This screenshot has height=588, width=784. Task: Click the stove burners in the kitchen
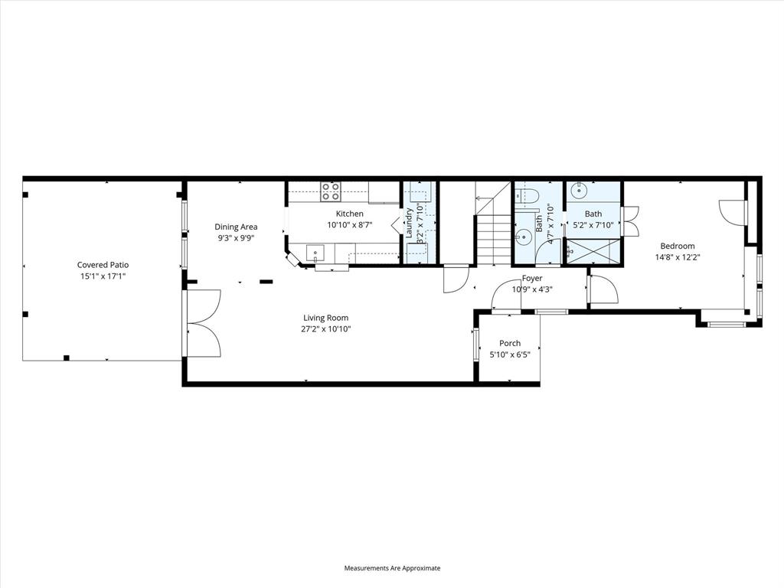pos(330,191)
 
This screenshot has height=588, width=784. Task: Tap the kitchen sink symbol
pos(314,252)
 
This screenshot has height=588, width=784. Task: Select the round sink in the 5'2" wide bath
pos(580,188)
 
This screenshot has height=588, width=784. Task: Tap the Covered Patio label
pos(103,265)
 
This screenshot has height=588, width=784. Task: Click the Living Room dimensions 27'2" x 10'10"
pos(326,329)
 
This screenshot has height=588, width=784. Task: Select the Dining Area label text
pos(236,227)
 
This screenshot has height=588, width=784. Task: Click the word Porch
pos(510,344)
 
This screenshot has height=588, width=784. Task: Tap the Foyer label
pos(532,279)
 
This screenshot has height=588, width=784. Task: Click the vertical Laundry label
pos(410,222)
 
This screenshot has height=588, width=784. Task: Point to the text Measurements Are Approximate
pos(392,568)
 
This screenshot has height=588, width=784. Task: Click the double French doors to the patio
pos(202,323)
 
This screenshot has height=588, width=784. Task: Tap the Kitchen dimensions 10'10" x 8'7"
pos(349,225)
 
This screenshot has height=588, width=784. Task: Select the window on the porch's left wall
pos(475,344)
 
